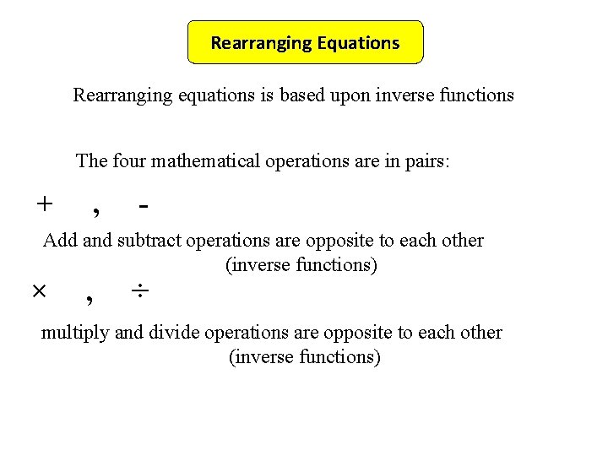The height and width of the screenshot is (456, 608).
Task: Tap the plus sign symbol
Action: pos(44,204)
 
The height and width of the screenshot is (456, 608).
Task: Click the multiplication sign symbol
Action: pos(39,291)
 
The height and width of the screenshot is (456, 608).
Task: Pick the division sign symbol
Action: pos(140,291)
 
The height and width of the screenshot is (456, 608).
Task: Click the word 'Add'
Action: pos(60,240)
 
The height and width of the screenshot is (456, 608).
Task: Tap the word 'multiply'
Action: pos(74,333)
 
